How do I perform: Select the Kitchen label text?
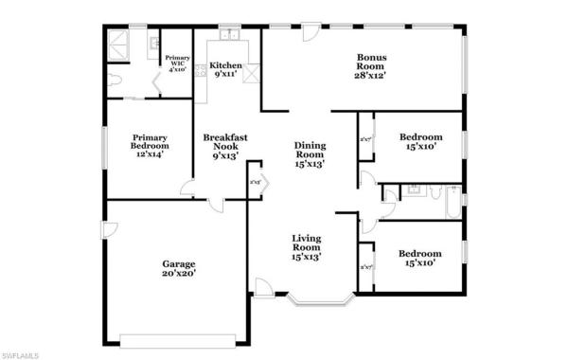[x=226, y=66]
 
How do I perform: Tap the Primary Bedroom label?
[x=151, y=142]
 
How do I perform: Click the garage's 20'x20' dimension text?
[x=178, y=275]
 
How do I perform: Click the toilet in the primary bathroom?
[x=114, y=81]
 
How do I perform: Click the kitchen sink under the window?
[x=228, y=37]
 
